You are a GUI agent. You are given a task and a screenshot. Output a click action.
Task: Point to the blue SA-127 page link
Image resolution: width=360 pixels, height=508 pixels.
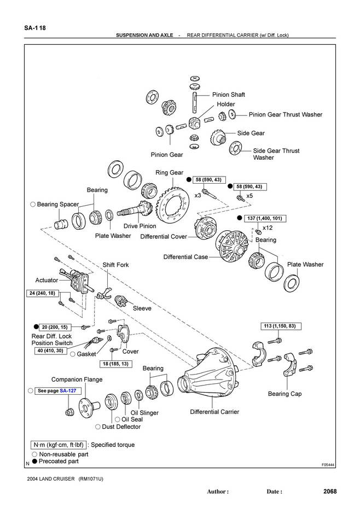[68, 391]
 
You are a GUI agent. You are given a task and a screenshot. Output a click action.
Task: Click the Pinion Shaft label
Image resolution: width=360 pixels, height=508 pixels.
[229, 95]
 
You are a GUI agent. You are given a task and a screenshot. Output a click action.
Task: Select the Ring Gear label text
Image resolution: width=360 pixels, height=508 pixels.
[170, 173]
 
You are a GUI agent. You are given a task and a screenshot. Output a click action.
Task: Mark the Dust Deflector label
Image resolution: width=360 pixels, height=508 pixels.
[121, 427]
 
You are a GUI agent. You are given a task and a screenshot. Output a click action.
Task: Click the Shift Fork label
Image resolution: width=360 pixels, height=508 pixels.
[116, 265]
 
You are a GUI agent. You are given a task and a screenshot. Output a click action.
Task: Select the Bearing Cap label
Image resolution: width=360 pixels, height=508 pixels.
[284, 394]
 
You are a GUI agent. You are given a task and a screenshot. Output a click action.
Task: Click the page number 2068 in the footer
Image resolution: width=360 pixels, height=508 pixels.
[330, 491]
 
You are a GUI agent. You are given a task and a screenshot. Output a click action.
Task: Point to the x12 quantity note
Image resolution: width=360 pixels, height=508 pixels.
[268, 227]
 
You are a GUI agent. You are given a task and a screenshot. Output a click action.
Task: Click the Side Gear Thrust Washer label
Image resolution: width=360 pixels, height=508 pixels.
[276, 154]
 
